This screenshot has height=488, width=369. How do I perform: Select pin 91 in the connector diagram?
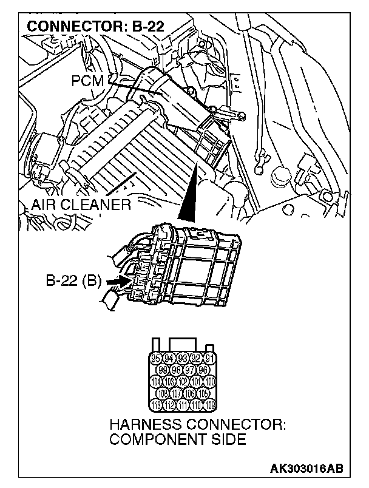coord(210,358)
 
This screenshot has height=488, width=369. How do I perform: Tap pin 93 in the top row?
coord(182,358)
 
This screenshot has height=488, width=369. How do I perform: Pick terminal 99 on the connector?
coord(162,370)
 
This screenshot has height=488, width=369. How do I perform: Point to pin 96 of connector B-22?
coord(203,370)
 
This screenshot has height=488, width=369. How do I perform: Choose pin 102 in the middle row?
coord(182,382)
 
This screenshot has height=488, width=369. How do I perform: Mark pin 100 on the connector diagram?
coord(210,382)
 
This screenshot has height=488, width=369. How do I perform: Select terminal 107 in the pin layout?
coord(175,394)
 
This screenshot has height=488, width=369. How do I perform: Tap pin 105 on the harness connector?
coord(203,394)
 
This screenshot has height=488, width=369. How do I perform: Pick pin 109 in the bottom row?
coord(210,405)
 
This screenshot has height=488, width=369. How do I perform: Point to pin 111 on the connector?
coord(182,405)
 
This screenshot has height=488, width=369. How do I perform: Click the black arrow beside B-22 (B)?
coord(115,282)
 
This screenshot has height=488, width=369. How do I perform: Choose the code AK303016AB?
coord(306,469)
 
